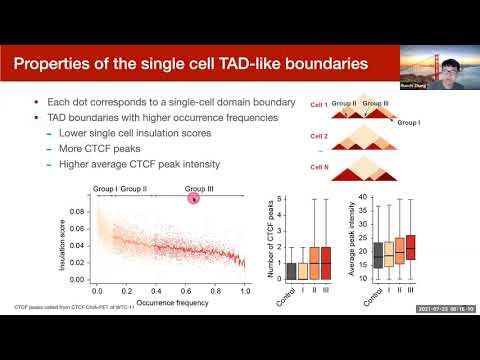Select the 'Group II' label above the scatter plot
[x=133, y=187]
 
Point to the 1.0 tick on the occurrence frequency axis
[x=247, y=290]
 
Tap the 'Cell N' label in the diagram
[x=320, y=167]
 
